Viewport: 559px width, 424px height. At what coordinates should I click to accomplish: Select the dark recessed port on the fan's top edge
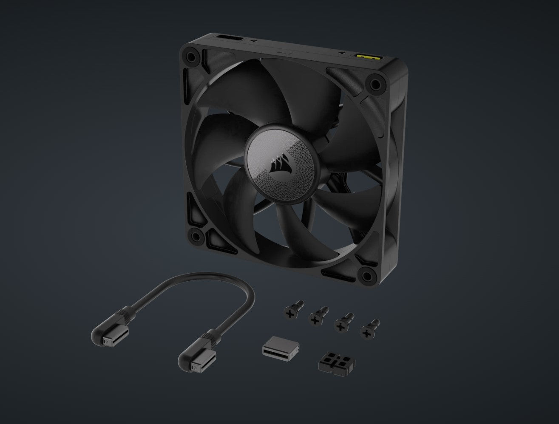pos(230,40)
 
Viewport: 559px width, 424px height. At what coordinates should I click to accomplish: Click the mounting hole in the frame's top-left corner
pos(190,56)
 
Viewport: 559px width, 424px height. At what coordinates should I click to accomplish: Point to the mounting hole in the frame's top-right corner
pos(375,84)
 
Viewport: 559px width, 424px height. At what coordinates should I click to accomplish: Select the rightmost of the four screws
pos(369,328)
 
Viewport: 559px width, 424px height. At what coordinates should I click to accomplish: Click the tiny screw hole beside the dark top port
pos(253,42)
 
